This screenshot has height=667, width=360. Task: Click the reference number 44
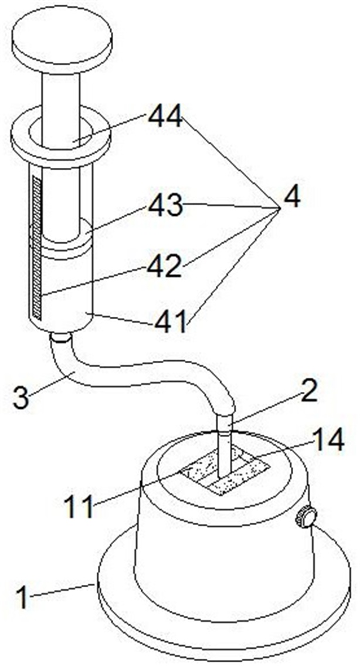165,116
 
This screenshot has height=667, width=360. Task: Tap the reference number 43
165,206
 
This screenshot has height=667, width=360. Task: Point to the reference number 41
170,321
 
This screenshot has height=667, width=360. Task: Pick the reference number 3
21,397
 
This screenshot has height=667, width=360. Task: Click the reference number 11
80,506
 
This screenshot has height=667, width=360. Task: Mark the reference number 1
22,597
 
